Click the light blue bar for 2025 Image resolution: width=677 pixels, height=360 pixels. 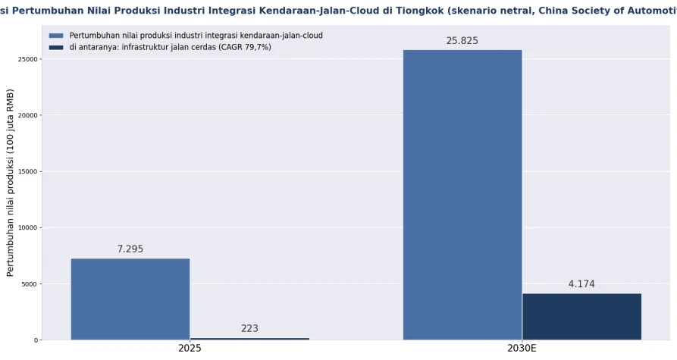coord(130,299)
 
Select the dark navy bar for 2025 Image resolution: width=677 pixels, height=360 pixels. coord(249,339)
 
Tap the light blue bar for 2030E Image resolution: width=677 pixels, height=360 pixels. coord(462,195)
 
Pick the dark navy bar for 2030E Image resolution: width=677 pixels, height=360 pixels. coord(581,317)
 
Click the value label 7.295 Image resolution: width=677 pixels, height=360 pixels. coord(130,249)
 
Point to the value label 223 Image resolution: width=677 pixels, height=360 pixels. coord(249,328)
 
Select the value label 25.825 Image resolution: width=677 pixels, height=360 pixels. coord(462,41)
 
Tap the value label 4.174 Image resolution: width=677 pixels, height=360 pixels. coord(581,284)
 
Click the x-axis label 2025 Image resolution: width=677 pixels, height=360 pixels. coord(190,349)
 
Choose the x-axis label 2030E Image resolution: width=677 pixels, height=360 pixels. coord(522,349)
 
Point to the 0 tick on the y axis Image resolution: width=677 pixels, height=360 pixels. coord(36,340)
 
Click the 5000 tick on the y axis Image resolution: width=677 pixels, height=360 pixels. coord(30,284)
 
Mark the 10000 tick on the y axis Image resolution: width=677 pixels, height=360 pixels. coord(28,228)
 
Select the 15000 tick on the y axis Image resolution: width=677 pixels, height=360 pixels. coord(28,172)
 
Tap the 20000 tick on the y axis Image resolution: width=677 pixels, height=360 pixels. coord(28,115)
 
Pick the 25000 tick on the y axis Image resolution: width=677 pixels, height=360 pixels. coord(28,59)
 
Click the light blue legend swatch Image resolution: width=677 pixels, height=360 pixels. coord(56,36)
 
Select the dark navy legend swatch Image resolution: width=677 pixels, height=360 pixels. coord(56,48)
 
